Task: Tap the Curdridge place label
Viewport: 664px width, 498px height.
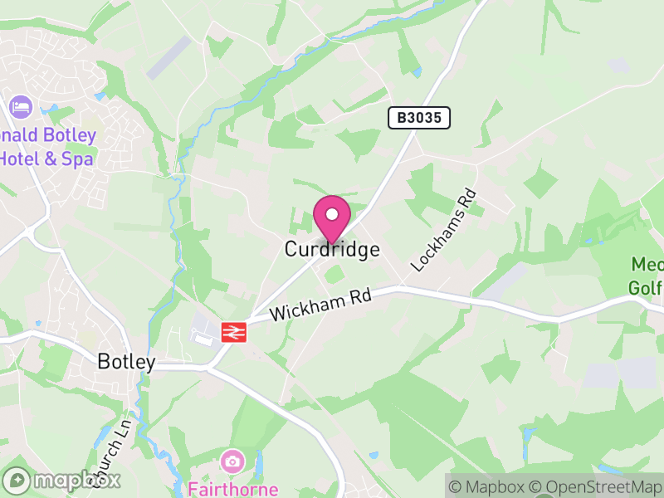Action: click(x=332, y=249)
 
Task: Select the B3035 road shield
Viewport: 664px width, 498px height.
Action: click(x=419, y=118)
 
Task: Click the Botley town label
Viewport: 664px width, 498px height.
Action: click(x=126, y=362)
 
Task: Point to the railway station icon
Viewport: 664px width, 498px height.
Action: click(x=233, y=332)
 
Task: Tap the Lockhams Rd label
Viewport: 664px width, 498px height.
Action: click(x=445, y=232)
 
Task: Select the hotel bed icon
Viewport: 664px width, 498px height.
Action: click(x=20, y=107)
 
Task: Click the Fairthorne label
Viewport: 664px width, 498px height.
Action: click(x=232, y=488)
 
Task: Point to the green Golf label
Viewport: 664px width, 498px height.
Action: click(x=646, y=288)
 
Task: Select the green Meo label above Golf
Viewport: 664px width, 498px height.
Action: click(x=647, y=264)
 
